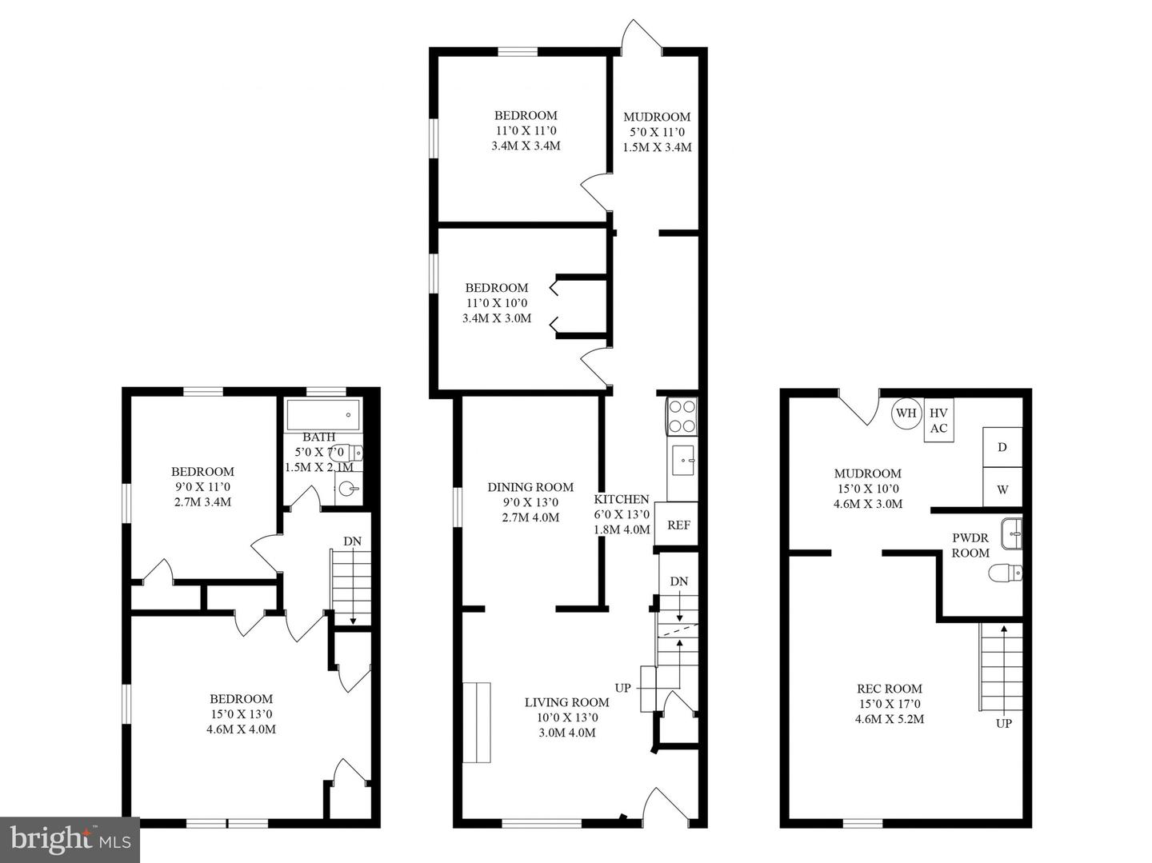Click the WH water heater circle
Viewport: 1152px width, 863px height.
coord(906,413)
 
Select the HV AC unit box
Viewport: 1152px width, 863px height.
coord(938,420)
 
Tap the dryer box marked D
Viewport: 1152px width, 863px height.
coord(1002,447)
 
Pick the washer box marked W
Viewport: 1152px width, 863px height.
coord(1002,488)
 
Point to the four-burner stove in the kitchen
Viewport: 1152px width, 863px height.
coord(682,417)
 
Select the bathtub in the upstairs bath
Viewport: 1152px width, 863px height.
coord(323,415)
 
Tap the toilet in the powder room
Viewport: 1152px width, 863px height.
coord(1006,573)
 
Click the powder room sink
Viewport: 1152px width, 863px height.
coord(1012,533)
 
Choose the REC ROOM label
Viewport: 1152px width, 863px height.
coord(889,689)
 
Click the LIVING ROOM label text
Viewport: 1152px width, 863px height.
coord(567,702)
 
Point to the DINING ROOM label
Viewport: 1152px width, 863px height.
coord(530,487)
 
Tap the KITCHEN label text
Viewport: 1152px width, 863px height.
coord(622,499)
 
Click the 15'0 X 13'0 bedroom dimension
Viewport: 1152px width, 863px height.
coord(241,714)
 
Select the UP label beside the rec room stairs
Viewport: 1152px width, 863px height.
coord(1003,723)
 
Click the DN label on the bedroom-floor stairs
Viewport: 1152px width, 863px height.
coord(352,541)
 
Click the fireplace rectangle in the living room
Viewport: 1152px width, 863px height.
coord(477,722)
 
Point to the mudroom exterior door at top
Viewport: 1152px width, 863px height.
coord(642,37)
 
